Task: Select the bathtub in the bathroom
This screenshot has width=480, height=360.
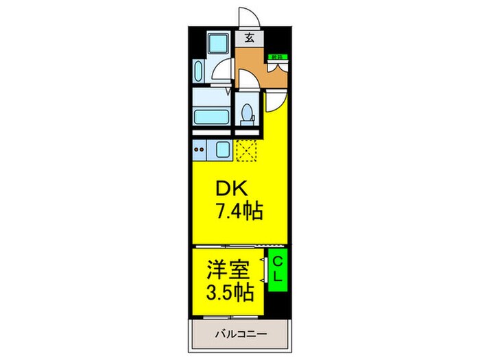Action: coord(213,112)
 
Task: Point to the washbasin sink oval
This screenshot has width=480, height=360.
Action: coord(200,71)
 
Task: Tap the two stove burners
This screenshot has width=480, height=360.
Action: coord(200,149)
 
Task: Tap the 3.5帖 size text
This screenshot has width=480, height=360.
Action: coord(230,291)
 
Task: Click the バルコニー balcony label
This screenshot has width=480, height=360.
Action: coord(239,336)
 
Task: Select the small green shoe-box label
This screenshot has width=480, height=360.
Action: coord(277,57)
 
